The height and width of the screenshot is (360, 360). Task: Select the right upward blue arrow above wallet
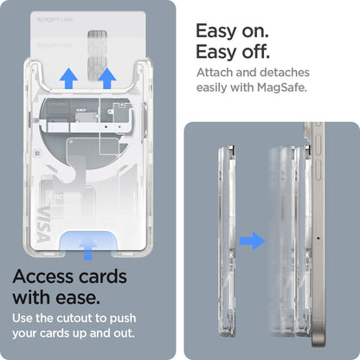pyautogui.click(x=107, y=80)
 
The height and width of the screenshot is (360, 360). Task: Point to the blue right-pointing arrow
pyautogui.click(x=251, y=239)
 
